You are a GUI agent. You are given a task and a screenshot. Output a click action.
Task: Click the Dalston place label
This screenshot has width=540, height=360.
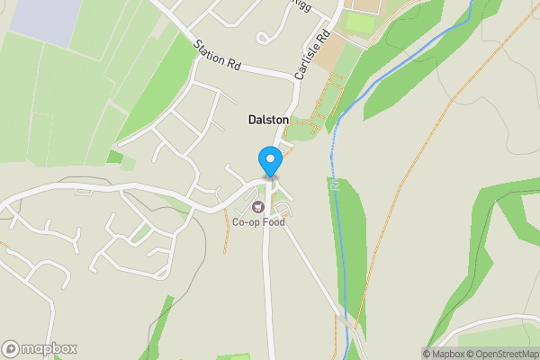269,120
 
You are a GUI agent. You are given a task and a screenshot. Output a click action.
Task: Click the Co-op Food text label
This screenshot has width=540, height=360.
258,222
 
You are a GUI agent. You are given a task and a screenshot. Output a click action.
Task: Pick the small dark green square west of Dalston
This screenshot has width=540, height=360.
113,157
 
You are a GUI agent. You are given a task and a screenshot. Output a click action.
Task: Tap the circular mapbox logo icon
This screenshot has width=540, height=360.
12,349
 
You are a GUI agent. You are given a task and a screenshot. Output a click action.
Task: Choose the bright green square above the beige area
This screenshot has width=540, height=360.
360,22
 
